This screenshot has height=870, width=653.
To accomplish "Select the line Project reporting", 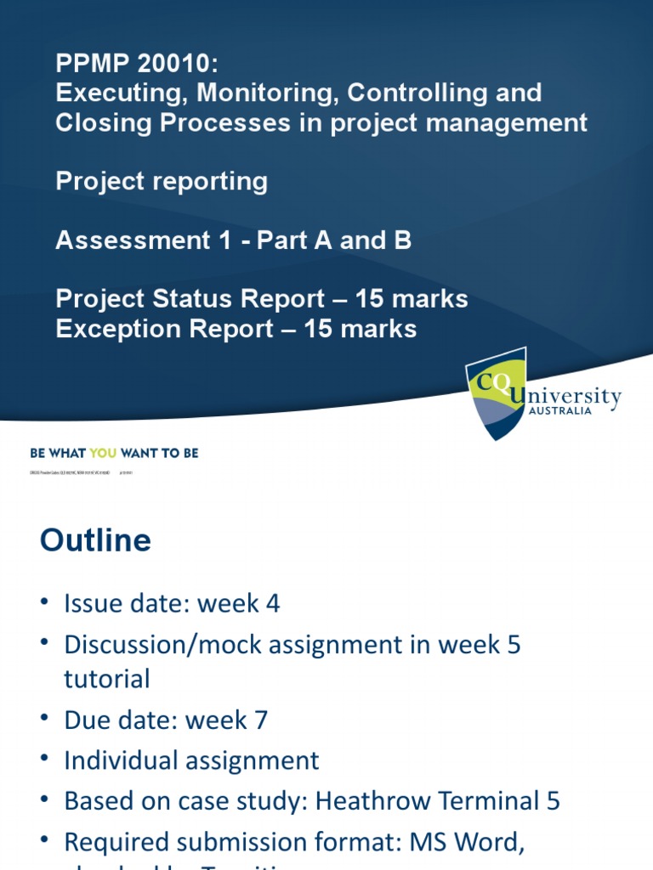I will (x=162, y=181).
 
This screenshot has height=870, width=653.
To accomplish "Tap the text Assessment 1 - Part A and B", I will (x=234, y=240).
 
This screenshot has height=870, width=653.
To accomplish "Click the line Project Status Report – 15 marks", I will (x=262, y=299).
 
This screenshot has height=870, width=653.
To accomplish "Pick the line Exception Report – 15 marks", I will (x=236, y=329).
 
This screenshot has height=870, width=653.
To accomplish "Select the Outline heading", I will (x=95, y=540).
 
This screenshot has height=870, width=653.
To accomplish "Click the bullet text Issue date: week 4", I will (x=172, y=604).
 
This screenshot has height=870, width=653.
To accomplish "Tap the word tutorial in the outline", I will (x=106, y=678).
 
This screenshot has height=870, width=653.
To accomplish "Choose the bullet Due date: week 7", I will (x=166, y=720).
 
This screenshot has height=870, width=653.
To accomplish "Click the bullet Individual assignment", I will (x=191, y=760).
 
